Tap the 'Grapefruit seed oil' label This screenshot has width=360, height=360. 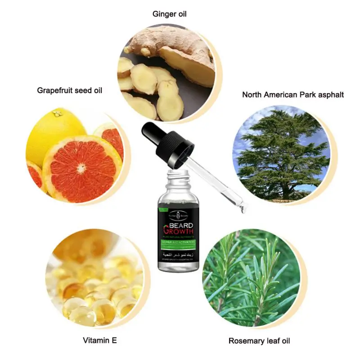pos(69,90)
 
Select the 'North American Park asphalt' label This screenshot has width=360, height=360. pos(293,94)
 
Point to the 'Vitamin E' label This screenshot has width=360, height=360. pos(99,341)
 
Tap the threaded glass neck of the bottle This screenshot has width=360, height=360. pos(178,180)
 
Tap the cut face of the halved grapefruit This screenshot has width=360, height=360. pos(83,169)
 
